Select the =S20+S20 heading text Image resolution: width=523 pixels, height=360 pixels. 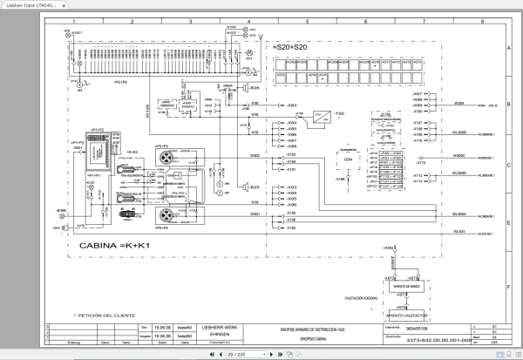click(291, 45)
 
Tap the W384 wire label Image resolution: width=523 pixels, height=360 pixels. click(459, 103)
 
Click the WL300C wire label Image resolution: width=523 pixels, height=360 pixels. click(459, 157)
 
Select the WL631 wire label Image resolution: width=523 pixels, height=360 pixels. click(459, 231)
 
